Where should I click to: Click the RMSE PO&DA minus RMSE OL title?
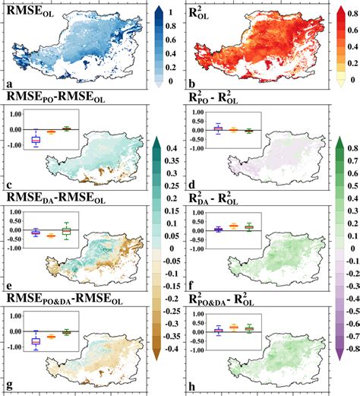(x=57, y=298)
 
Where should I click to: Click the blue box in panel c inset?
(x=35, y=139)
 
